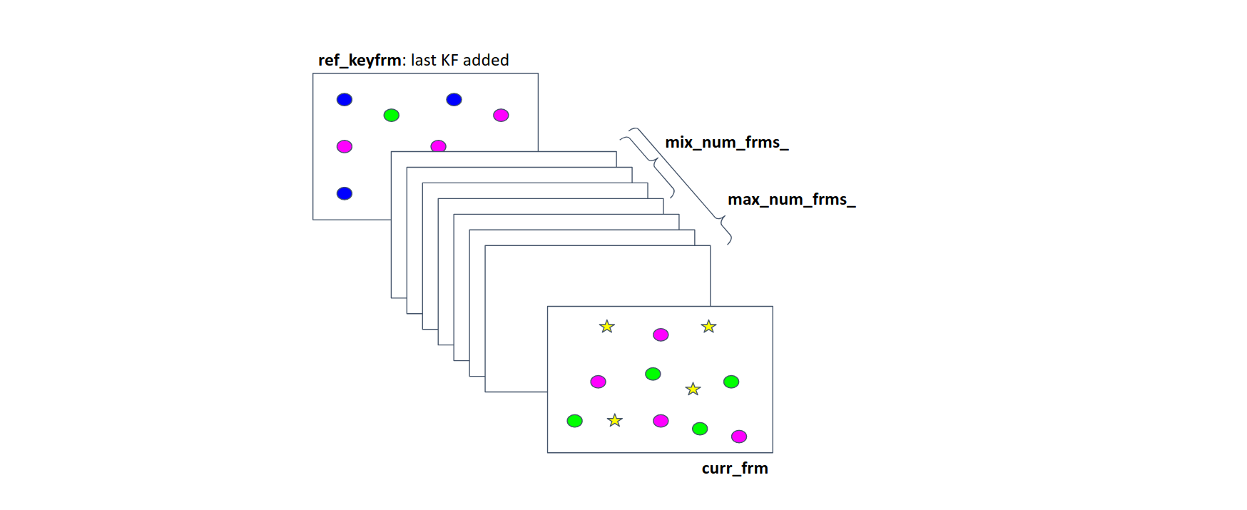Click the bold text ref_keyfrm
click(360, 61)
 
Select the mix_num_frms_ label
click(726, 143)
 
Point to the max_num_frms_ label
click(791, 200)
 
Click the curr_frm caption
click(735, 469)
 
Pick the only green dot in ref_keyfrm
click(391, 115)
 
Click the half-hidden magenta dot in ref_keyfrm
click(438, 146)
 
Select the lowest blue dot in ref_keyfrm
click(345, 193)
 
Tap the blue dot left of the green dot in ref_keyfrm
click(345, 99)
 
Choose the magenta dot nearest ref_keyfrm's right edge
click(501, 115)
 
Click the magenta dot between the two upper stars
click(661, 335)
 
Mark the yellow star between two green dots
click(693, 389)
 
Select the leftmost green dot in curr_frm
click(574, 421)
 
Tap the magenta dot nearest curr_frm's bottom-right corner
click(739, 436)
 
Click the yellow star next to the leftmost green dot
click(615, 421)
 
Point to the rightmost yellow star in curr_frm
click(708, 327)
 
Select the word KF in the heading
click(449, 61)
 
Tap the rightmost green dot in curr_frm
click(731, 382)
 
